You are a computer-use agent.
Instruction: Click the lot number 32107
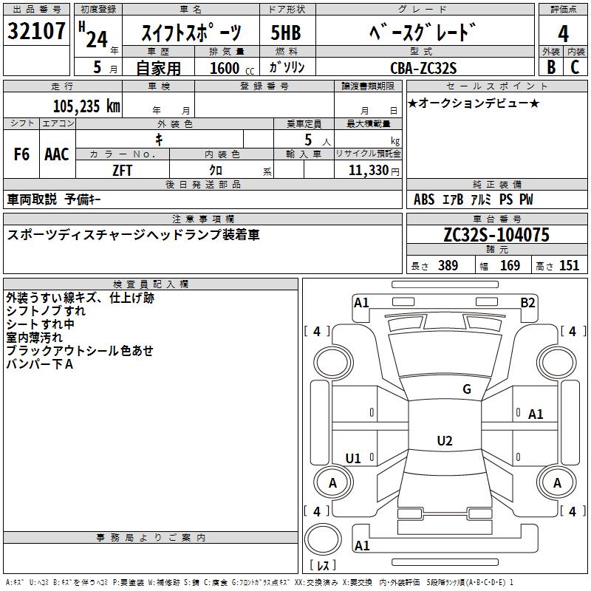(36, 30)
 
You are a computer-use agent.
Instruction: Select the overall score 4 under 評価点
(563, 33)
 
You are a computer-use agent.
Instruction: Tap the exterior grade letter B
(551, 67)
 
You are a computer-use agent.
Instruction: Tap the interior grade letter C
(575, 67)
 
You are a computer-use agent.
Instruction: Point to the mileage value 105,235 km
(86, 106)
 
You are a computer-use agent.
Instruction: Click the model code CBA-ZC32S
(423, 68)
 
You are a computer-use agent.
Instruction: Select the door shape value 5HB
(286, 33)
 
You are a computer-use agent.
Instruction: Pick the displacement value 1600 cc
(232, 68)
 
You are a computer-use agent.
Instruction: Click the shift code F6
(21, 154)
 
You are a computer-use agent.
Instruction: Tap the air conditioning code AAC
(57, 154)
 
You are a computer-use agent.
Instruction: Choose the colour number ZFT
(122, 171)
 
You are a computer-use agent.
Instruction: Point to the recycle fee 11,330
(369, 170)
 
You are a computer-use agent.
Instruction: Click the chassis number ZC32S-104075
(496, 235)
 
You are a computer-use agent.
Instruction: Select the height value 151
(569, 265)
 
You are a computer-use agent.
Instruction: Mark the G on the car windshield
(467, 389)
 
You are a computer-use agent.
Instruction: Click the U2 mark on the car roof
(445, 440)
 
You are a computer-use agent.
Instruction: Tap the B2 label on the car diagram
(527, 303)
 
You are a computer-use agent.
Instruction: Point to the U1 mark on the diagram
(353, 458)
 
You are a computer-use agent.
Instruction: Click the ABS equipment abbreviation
(424, 199)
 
